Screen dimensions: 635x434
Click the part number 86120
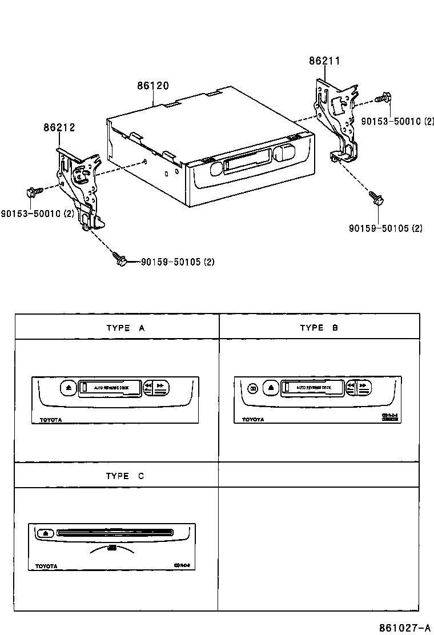pos(152,86)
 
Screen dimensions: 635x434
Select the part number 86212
pos(59,128)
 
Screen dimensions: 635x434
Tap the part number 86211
pos(325,61)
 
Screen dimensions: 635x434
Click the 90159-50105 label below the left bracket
pos(176,262)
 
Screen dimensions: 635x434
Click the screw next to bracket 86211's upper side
pos(384,98)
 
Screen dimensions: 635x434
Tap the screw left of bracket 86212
pos(31,192)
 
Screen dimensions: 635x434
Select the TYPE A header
pos(126,328)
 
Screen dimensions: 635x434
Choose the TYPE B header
pos(319,328)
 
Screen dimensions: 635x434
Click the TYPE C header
pos(125,476)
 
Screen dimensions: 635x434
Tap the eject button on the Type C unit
pos(46,533)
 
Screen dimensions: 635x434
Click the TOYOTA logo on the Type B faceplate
pos(253,420)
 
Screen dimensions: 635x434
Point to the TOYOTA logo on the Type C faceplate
pos(46,566)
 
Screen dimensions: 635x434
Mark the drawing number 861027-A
pos(403,627)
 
